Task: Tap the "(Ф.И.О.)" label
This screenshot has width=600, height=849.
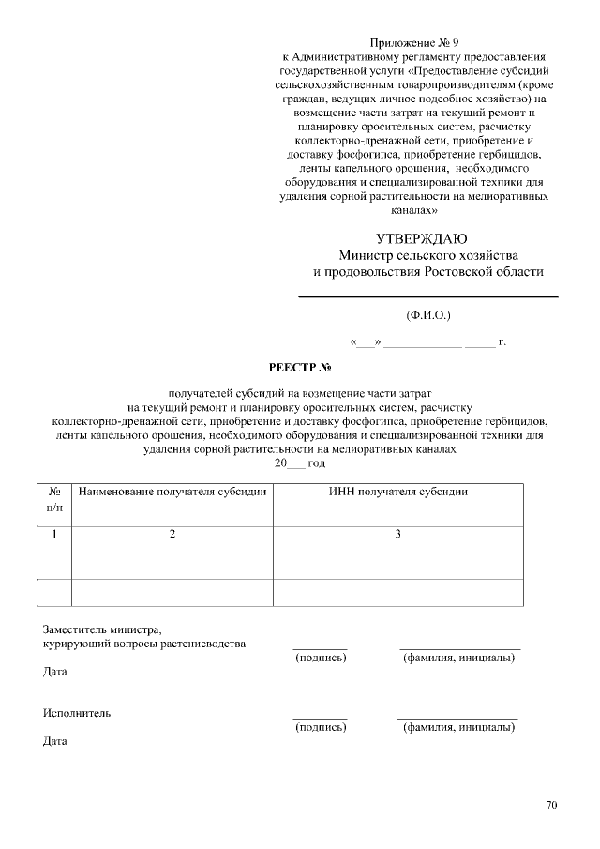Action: tap(427, 315)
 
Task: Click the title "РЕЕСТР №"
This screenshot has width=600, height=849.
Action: tap(300, 367)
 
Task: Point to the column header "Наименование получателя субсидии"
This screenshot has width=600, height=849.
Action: tap(172, 492)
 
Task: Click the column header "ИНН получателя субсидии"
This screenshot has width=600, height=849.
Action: tap(398, 492)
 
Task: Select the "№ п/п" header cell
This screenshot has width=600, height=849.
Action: tap(54, 499)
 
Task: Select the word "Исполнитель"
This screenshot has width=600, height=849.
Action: tap(77, 713)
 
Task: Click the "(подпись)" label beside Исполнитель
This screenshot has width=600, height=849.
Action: tap(321, 727)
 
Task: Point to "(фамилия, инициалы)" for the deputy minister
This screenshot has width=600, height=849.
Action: tap(458, 658)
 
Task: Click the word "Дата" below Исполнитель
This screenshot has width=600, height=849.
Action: tap(55, 741)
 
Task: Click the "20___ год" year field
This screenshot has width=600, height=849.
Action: tap(300, 463)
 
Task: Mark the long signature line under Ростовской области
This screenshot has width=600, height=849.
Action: tap(427, 297)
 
